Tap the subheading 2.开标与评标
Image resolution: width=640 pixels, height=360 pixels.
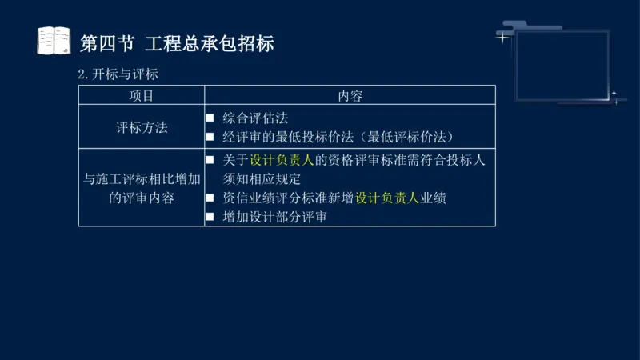[x=118, y=74]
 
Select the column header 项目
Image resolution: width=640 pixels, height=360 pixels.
[x=142, y=96]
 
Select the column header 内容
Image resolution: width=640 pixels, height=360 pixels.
[x=350, y=96]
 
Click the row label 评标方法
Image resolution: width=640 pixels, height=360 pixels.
[x=142, y=126]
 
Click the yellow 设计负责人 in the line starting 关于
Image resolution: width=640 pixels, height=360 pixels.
[x=282, y=160]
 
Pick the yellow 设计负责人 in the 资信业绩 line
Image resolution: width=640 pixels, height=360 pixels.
[x=387, y=198]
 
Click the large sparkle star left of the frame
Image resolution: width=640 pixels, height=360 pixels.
[x=502, y=37]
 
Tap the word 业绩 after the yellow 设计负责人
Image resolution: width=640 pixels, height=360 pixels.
[x=433, y=198]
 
